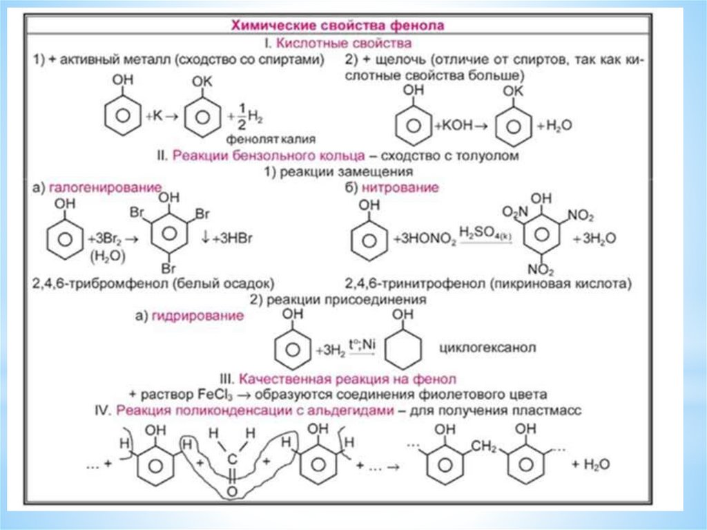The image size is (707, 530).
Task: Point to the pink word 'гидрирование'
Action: coord(203,316)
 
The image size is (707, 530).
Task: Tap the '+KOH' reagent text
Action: coord(454,126)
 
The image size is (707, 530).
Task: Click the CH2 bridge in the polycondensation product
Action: coord(485,448)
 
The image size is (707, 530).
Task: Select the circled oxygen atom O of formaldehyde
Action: coord(232,491)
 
